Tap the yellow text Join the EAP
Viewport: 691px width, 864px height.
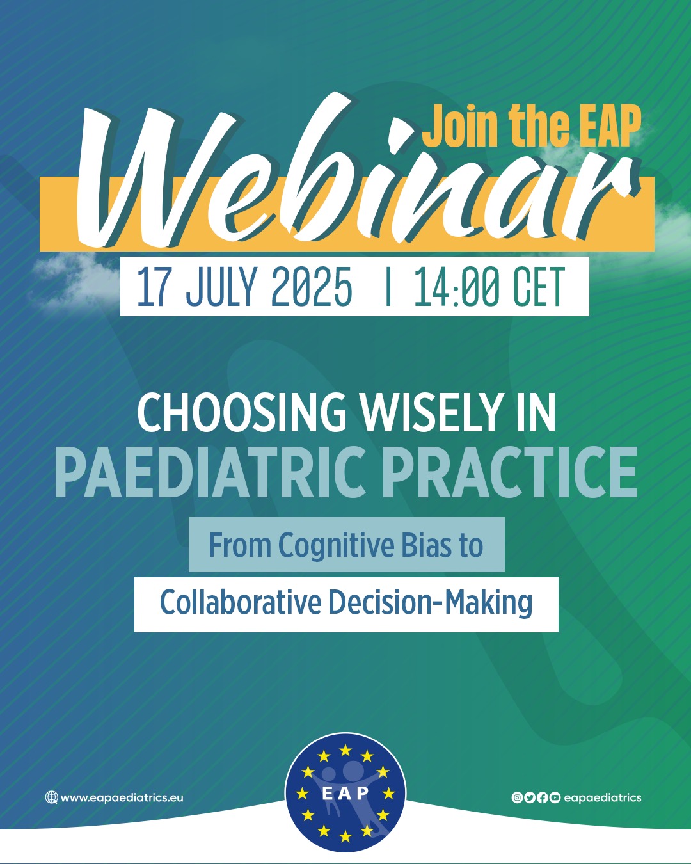point(531,126)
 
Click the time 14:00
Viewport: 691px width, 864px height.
point(458,287)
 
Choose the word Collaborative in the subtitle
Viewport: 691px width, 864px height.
point(241,603)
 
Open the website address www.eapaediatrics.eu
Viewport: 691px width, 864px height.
point(122,797)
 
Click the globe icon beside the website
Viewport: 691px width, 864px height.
point(51,797)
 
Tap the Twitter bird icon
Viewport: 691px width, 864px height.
point(530,797)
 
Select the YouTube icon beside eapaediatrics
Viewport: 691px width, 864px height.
point(555,797)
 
